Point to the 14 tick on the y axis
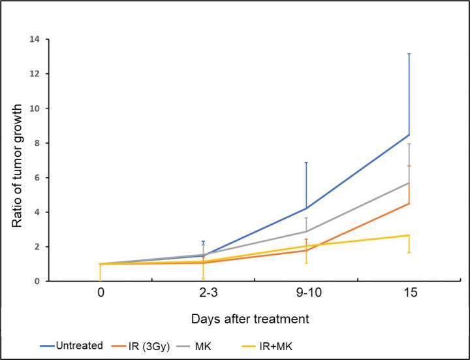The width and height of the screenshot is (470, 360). point(34,39)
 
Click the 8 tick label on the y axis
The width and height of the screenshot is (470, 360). point(37,143)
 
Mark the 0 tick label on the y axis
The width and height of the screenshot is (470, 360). point(37,281)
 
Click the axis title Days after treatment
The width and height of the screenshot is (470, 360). point(250,319)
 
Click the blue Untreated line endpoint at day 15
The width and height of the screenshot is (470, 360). point(409,135)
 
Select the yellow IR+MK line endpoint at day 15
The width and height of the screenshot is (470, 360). point(409,235)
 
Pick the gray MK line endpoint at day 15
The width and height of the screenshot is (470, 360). point(409,183)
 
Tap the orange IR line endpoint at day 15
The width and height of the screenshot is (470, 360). point(409,203)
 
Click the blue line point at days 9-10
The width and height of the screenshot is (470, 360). point(306,208)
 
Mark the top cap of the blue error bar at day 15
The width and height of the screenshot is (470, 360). point(409,54)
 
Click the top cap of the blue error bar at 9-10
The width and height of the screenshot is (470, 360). point(306,162)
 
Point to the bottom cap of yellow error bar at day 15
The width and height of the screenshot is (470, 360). point(409,253)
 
